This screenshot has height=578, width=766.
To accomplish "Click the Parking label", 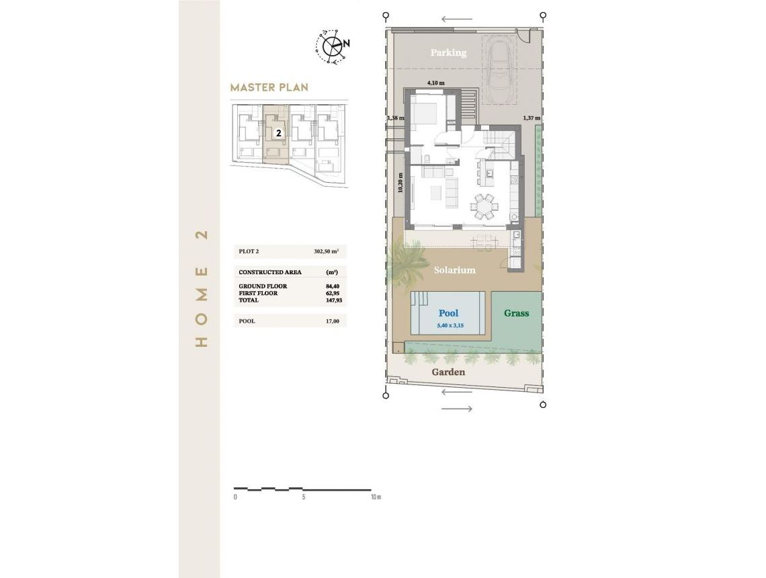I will (448, 52).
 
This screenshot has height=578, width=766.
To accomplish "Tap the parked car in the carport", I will (499, 72).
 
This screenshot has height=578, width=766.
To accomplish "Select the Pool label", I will (448, 313).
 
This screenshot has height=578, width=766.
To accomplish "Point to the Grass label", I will (516, 313).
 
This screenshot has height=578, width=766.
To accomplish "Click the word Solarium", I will (454, 270).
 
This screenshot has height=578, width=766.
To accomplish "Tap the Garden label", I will (448, 372).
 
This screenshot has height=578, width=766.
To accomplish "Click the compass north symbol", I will (332, 46).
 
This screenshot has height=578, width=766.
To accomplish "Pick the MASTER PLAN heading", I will (269, 87).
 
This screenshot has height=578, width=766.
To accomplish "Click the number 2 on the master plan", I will (278, 133).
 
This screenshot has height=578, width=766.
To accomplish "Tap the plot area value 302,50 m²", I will (326, 251).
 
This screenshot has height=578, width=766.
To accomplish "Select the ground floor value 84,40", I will (332, 286).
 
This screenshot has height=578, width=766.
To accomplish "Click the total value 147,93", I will (332, 300).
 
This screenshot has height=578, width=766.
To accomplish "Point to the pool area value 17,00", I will (332, 321).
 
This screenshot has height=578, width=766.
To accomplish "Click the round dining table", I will (484, 206).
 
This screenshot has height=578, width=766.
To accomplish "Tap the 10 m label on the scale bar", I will (375, 497).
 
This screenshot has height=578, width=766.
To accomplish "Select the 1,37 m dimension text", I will (531, 118).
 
